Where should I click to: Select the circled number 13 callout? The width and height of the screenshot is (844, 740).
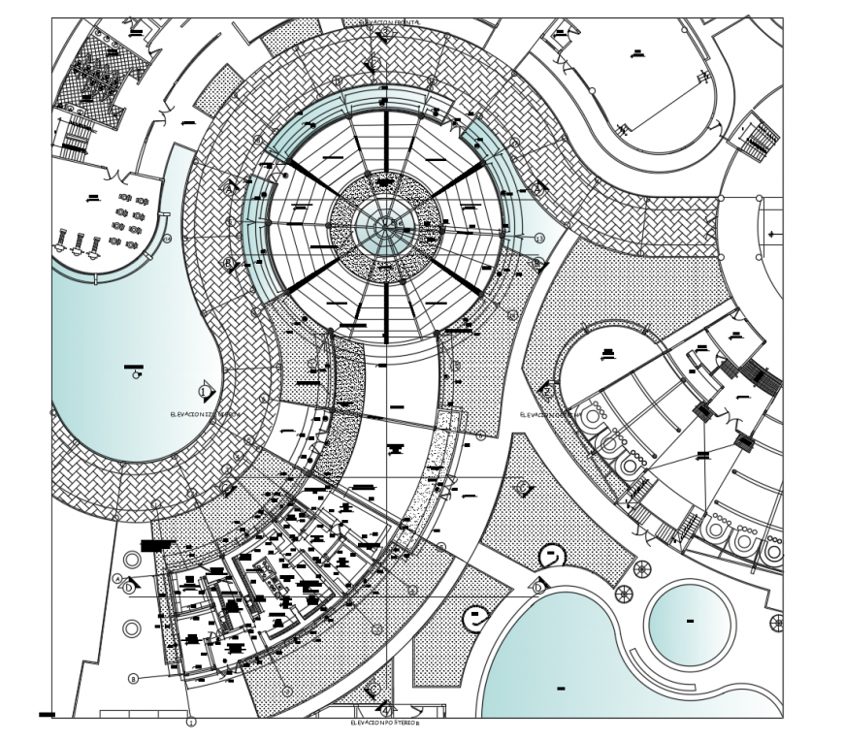click(x=539, y=237)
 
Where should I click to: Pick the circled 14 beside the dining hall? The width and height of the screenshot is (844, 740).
click(x=167, y=238)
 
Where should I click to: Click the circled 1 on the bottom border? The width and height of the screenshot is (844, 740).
click(x=191, y=721)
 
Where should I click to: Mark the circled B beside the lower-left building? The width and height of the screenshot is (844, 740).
click(x=133, y=678)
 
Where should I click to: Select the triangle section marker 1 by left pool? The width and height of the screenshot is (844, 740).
click(x=206, y=391)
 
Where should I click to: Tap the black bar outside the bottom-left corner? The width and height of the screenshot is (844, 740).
click(x=46, y=716)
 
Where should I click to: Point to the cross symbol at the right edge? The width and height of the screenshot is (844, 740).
click(x=775, y=622)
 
